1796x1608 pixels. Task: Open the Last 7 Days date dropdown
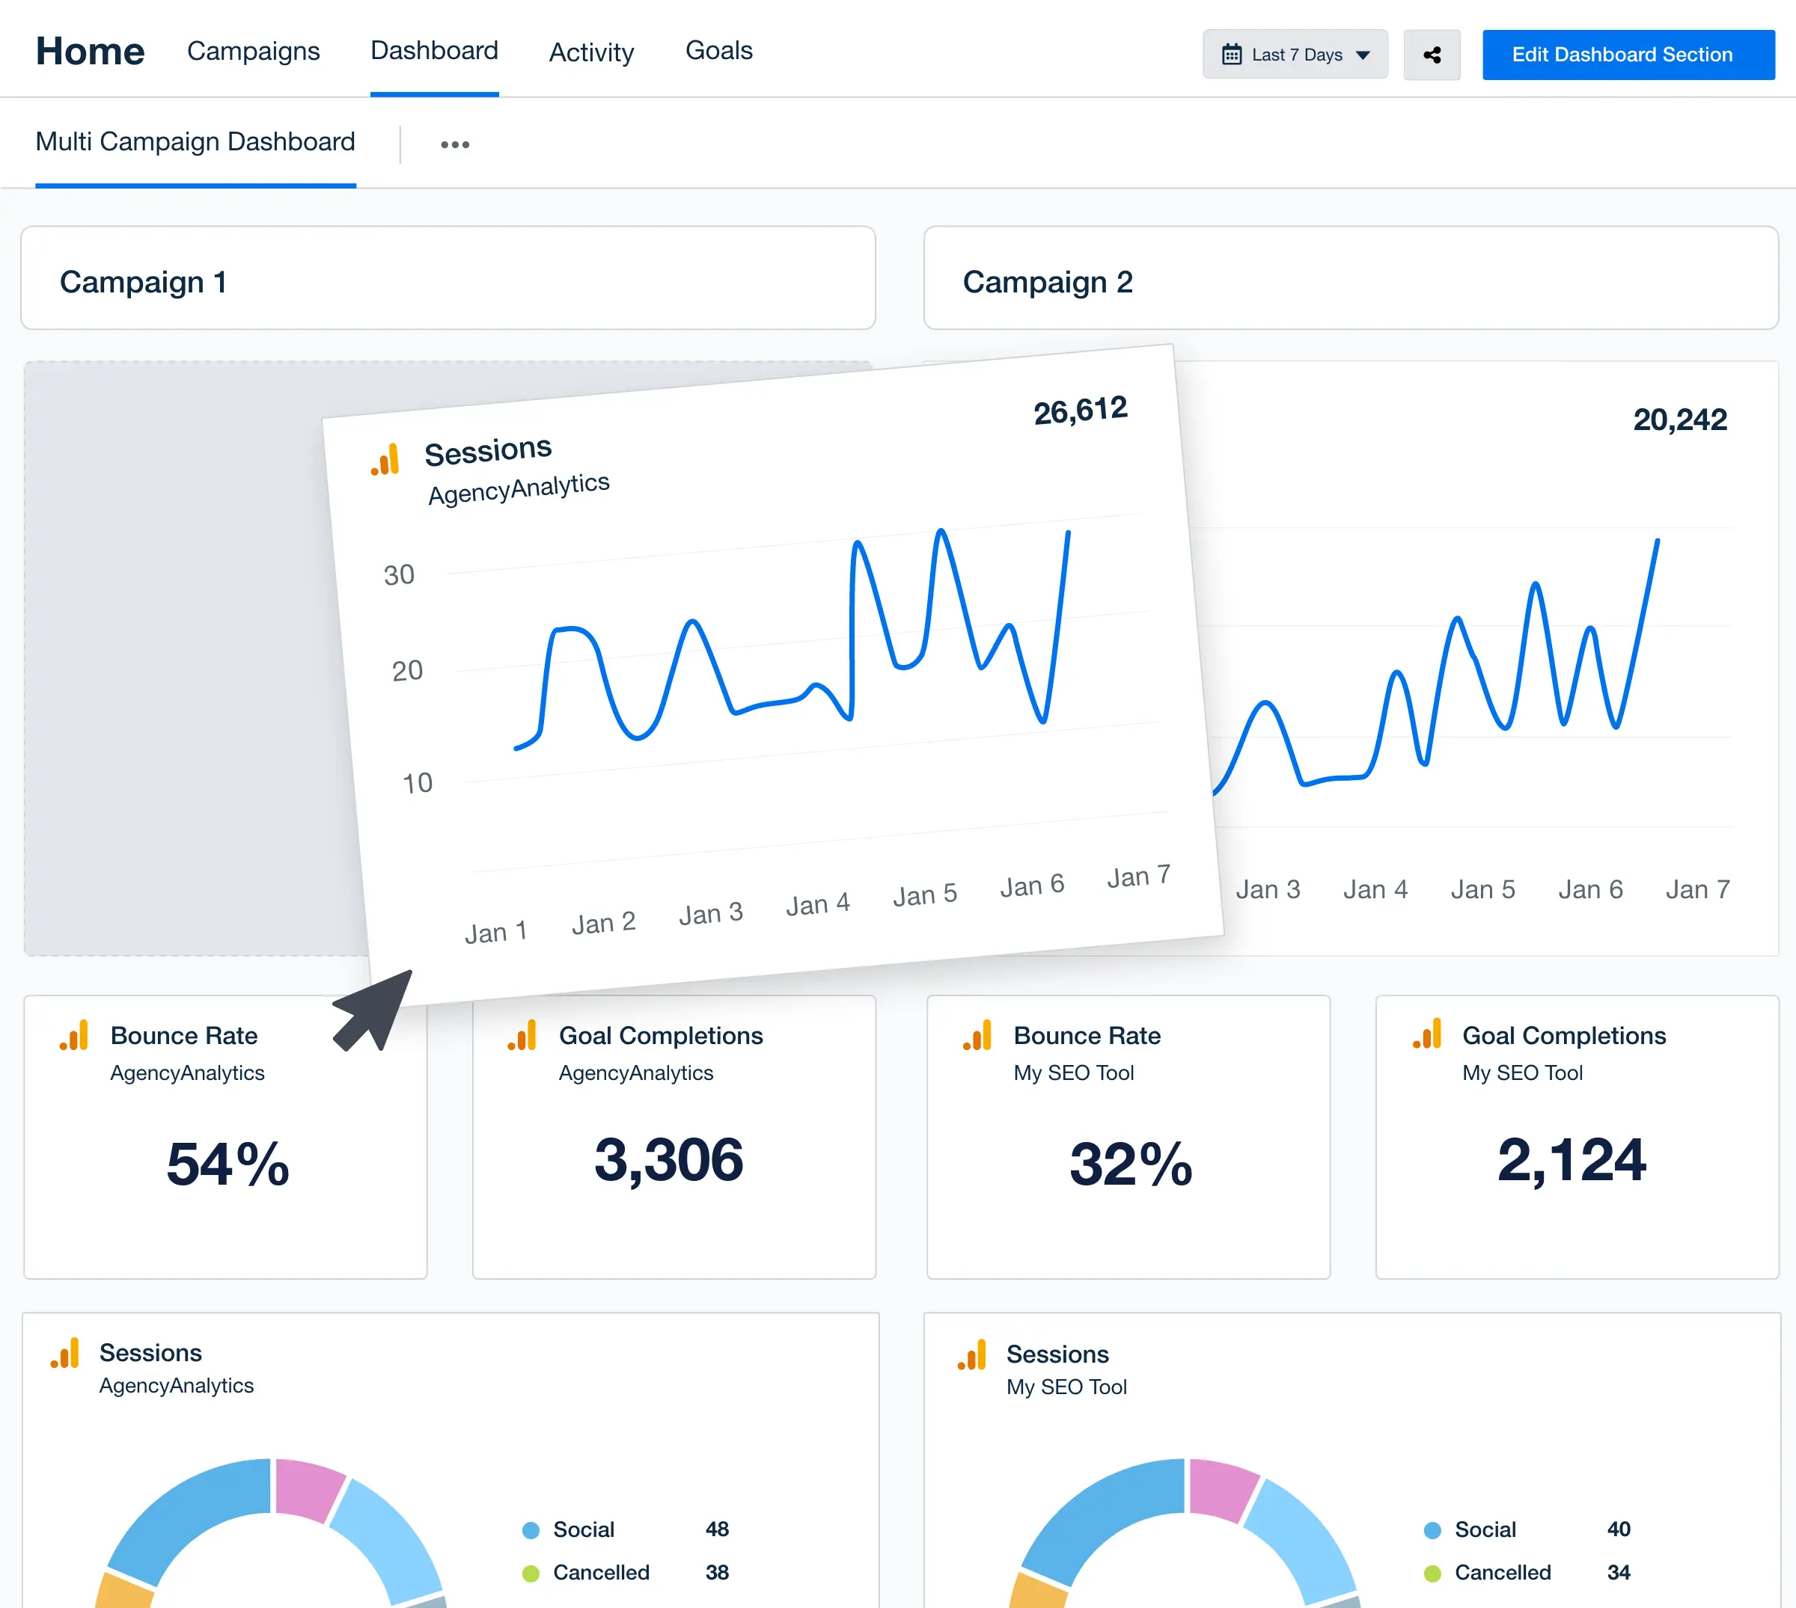tap(1294, 55)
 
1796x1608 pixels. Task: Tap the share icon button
tap(1431, 55)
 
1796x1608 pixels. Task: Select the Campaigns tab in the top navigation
tap(253, 52)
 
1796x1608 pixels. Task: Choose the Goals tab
tap(718, 52)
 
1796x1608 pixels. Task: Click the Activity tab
tap(591, 53)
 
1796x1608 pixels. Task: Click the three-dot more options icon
tap(454, 145)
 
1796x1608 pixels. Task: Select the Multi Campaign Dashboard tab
tap(195, 142)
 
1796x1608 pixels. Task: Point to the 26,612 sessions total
tap(1080, 411)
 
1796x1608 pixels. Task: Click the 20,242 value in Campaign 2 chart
tap(1679, 420)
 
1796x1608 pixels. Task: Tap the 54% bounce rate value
tap(228, 1164)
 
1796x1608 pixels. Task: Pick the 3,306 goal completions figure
tap(668, 1160)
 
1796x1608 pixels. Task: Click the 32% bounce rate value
tap(1131, 1164)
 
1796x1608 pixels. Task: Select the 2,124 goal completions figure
tap(1571, 1160)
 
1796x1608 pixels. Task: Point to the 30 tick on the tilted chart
tap(399, 575)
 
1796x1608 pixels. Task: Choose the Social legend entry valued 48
tap(584, 1529)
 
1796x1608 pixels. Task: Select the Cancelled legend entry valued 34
tap(1502, 1573)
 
